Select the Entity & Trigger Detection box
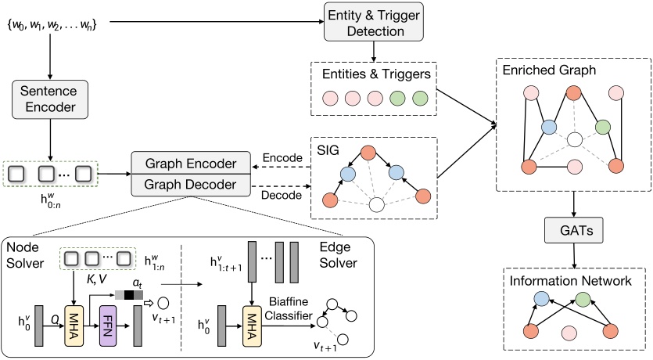coord(374,23)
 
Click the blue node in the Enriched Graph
coord(550,126)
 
